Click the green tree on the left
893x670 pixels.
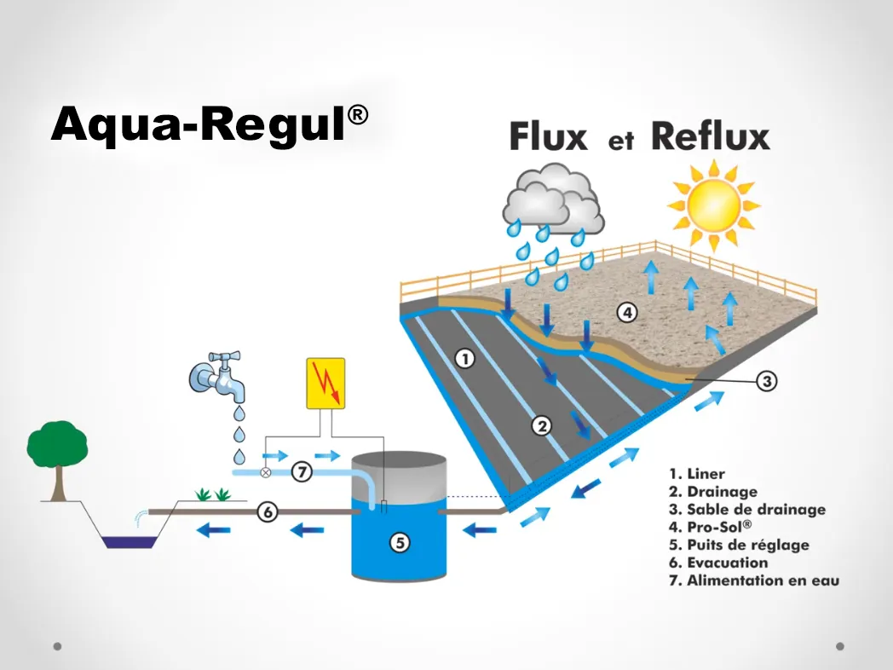57,444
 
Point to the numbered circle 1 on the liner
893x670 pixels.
464,359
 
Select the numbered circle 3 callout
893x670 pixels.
767,381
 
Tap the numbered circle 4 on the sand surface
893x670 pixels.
627,313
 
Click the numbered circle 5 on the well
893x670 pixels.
400,541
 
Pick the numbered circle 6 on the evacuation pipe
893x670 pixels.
268,512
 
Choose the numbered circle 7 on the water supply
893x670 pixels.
302,471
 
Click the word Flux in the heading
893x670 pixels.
549,137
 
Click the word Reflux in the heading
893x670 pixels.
710,136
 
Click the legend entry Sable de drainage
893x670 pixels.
746,509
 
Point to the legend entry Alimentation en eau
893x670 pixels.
753,580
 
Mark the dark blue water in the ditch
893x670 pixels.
129,540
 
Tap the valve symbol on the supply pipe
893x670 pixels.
265,471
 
